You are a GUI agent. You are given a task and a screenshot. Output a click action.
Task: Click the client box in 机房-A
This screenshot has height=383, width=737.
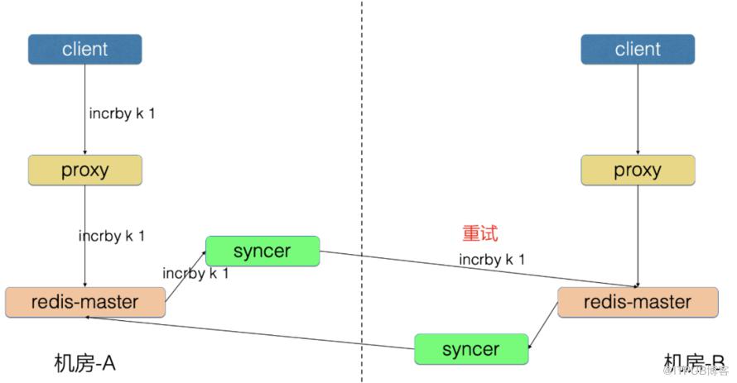[84, 50]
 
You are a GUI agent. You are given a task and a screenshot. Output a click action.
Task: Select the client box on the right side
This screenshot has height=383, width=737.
[637, 50]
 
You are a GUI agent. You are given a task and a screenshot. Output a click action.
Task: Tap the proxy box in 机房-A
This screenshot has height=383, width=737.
[84, 170]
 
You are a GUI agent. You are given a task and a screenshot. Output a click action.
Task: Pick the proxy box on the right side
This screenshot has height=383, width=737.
[637, 170]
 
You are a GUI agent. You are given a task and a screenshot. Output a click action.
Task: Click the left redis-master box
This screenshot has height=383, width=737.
[84, 302]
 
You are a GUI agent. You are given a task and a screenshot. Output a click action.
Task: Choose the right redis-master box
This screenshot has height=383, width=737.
[637, 302]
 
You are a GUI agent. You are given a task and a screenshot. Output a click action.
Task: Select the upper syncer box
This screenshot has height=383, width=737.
[262, 251]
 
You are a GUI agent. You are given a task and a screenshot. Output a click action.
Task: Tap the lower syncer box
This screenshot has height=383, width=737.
[470, 348]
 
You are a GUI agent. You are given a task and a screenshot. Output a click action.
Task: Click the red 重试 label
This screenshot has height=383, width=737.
[479, 234]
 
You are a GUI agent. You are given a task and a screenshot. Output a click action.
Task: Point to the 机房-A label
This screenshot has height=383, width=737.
[84, 363]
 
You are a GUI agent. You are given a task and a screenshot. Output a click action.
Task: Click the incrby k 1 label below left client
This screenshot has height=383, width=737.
[122, 113]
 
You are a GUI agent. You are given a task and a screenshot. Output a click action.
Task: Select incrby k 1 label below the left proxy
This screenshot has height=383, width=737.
[112, 236]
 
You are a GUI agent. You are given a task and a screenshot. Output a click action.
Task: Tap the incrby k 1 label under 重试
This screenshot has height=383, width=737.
[492, 260]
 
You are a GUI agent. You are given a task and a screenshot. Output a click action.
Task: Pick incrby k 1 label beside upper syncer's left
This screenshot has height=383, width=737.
[195, 273]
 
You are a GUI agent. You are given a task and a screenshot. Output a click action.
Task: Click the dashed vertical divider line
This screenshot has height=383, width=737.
[362, 165]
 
